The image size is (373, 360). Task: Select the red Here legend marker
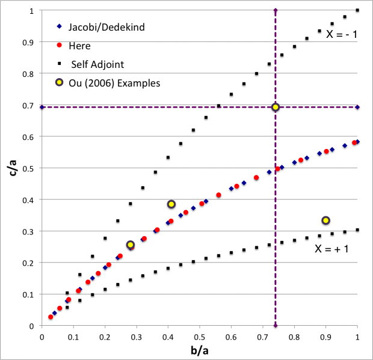pos(59,44)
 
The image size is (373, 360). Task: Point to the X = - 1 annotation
pos(341,34)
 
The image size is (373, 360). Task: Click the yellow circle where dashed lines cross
pos(276,107)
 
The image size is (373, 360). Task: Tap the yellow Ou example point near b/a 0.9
pos(326,221)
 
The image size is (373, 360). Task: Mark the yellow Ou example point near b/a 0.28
pos(130,245)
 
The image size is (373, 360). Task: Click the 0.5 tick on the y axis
pos(28,168)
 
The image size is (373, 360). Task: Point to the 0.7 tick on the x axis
pos(263,335)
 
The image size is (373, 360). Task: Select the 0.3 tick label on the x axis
pos(136,335)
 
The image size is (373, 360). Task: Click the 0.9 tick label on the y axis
pos(28,43)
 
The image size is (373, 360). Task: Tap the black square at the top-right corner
pos(357,10)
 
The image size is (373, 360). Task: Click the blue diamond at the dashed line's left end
pos(41,107)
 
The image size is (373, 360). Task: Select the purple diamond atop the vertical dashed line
pos(276,10)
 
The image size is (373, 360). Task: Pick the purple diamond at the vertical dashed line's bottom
pos(276,325)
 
